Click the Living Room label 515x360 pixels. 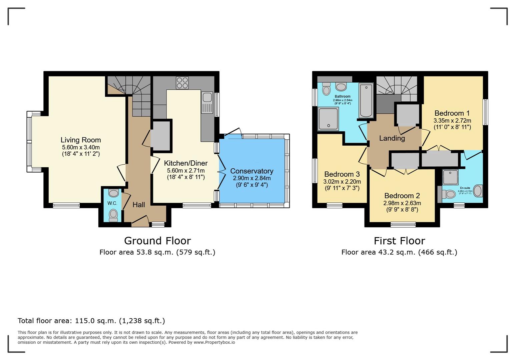pyautogui.click(x=81, y=140)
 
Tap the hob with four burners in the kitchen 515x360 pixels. pyautogui.click(x=182, y=83)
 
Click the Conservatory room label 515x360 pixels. pyautogui.click(x=252, y=171)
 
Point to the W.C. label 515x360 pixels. pyautogui.click(x=112, y=203)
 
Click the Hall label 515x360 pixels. pyautogui.click(x=139, y=205)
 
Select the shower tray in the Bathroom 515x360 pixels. pyautogui.click(x=328, y=119)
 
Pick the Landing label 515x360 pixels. pyautogui.click(x=392, y=138)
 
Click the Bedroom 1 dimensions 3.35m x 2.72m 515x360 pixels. pyautogui.click(x=452, y=121)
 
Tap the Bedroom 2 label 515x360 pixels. pyautogui.click(x=402, y=196)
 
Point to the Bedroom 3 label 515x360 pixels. pyautogui.click(x=342, y=174)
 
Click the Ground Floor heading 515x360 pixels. pyautogui.click(x=157, y=241)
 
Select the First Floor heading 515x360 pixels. pyautogui.click(x=399, y=241)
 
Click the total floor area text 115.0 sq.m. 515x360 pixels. pyautogui.click(x=91, y=321)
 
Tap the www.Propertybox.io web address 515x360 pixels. pyautogui.click(x=214, y=342)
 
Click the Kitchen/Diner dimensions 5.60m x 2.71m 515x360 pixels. pyautogui.click(x=186, y=171)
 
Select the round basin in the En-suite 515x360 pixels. pyautogui.click(x=478, y=191)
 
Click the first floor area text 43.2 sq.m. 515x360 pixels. pyautogui.click(x=399, y=252)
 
